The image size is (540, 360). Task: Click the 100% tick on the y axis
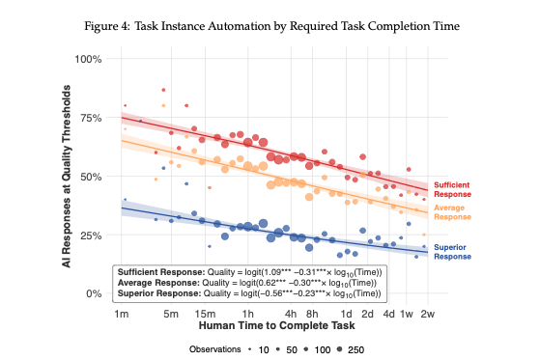click(x=89, y=59)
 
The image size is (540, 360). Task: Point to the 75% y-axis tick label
click(x=91, y=118)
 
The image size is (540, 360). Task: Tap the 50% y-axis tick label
click(x=91, y=177)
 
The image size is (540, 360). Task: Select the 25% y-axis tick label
click(x=91, y=235)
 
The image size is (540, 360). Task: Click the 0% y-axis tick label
click(x=95, y=294)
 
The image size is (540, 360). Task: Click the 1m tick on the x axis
click(x=122, y=315)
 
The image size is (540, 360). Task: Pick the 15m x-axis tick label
click(x=204, y=315)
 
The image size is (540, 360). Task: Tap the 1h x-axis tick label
click(x=248, y=315)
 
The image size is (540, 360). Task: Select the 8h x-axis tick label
click(x=312, y=315)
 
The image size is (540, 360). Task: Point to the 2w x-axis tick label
click(x=427, y=315)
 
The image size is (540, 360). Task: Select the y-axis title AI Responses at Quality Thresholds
click(x=69, y=178)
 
